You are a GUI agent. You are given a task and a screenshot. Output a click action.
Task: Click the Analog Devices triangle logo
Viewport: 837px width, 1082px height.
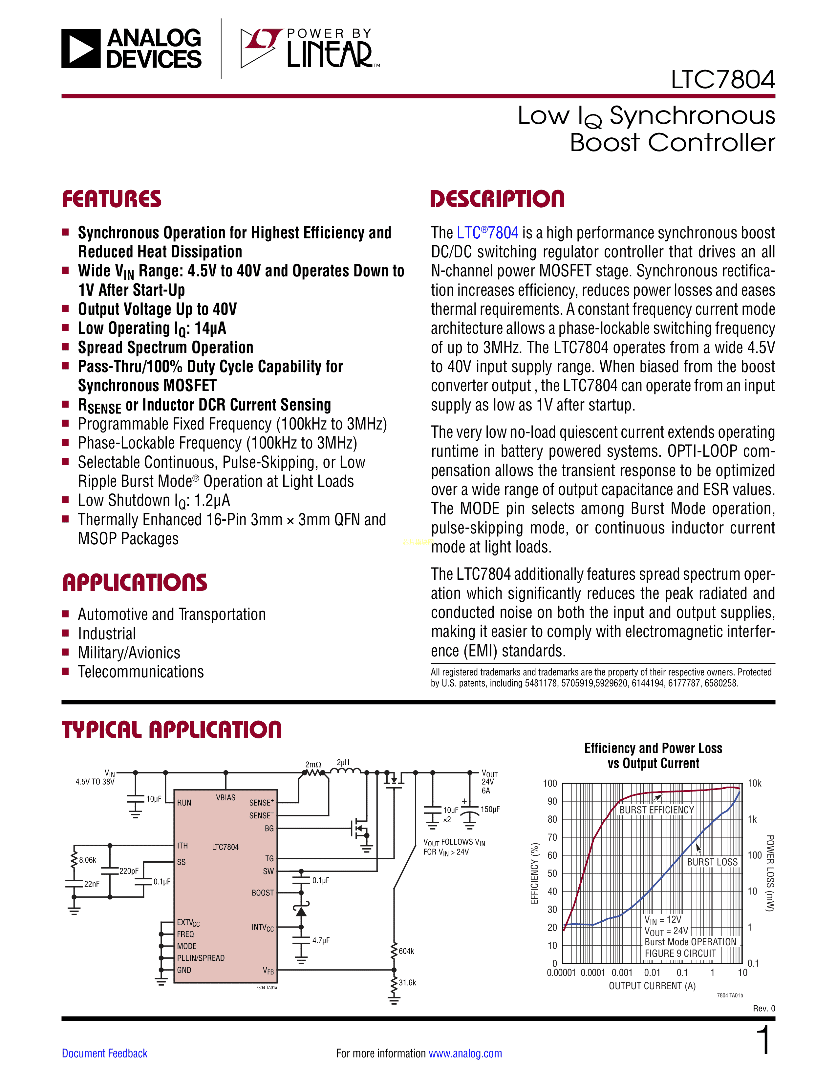pos(81,49)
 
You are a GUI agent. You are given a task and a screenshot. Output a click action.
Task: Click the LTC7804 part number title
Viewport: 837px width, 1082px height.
pos(722,80)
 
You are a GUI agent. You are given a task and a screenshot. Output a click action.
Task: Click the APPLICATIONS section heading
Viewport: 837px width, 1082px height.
pos(135,583)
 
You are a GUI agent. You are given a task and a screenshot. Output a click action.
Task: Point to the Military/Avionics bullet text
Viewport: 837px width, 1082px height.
pos(129,652)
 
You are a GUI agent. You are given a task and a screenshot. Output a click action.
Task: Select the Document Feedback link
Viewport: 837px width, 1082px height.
pos(105,1053)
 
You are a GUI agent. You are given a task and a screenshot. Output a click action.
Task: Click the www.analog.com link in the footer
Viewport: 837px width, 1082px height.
pos(465,1053)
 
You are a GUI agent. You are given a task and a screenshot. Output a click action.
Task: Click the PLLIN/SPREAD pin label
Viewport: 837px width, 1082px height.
pos(201,958)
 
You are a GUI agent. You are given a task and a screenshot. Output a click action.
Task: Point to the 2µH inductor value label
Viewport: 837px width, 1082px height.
pos(343,762)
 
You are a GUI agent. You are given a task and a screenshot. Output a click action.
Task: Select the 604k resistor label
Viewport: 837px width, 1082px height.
pos(406,951)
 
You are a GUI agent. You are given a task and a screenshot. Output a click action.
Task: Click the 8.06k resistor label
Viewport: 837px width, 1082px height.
pos(88,860)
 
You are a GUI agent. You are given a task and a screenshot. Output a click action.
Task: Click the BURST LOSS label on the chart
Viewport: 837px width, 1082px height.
pos(712,862)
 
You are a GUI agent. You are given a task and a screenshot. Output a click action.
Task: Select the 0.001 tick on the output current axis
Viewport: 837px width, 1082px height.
pos(622,972)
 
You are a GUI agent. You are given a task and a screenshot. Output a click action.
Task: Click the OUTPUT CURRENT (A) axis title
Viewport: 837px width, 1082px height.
pos(652,986)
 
